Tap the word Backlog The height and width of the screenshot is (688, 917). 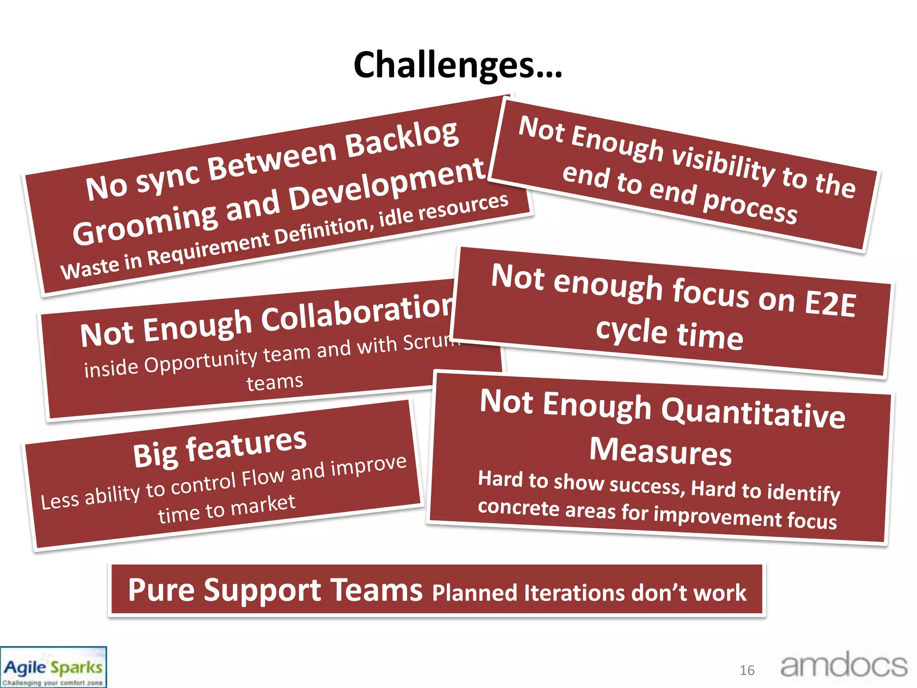[x=402, y=140]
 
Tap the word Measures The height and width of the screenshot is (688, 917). [x=660, y=451]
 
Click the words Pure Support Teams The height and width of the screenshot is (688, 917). [x=275, y=590]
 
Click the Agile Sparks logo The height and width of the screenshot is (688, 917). [x=53, y=667]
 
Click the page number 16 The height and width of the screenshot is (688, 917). [x=747, y=670]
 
